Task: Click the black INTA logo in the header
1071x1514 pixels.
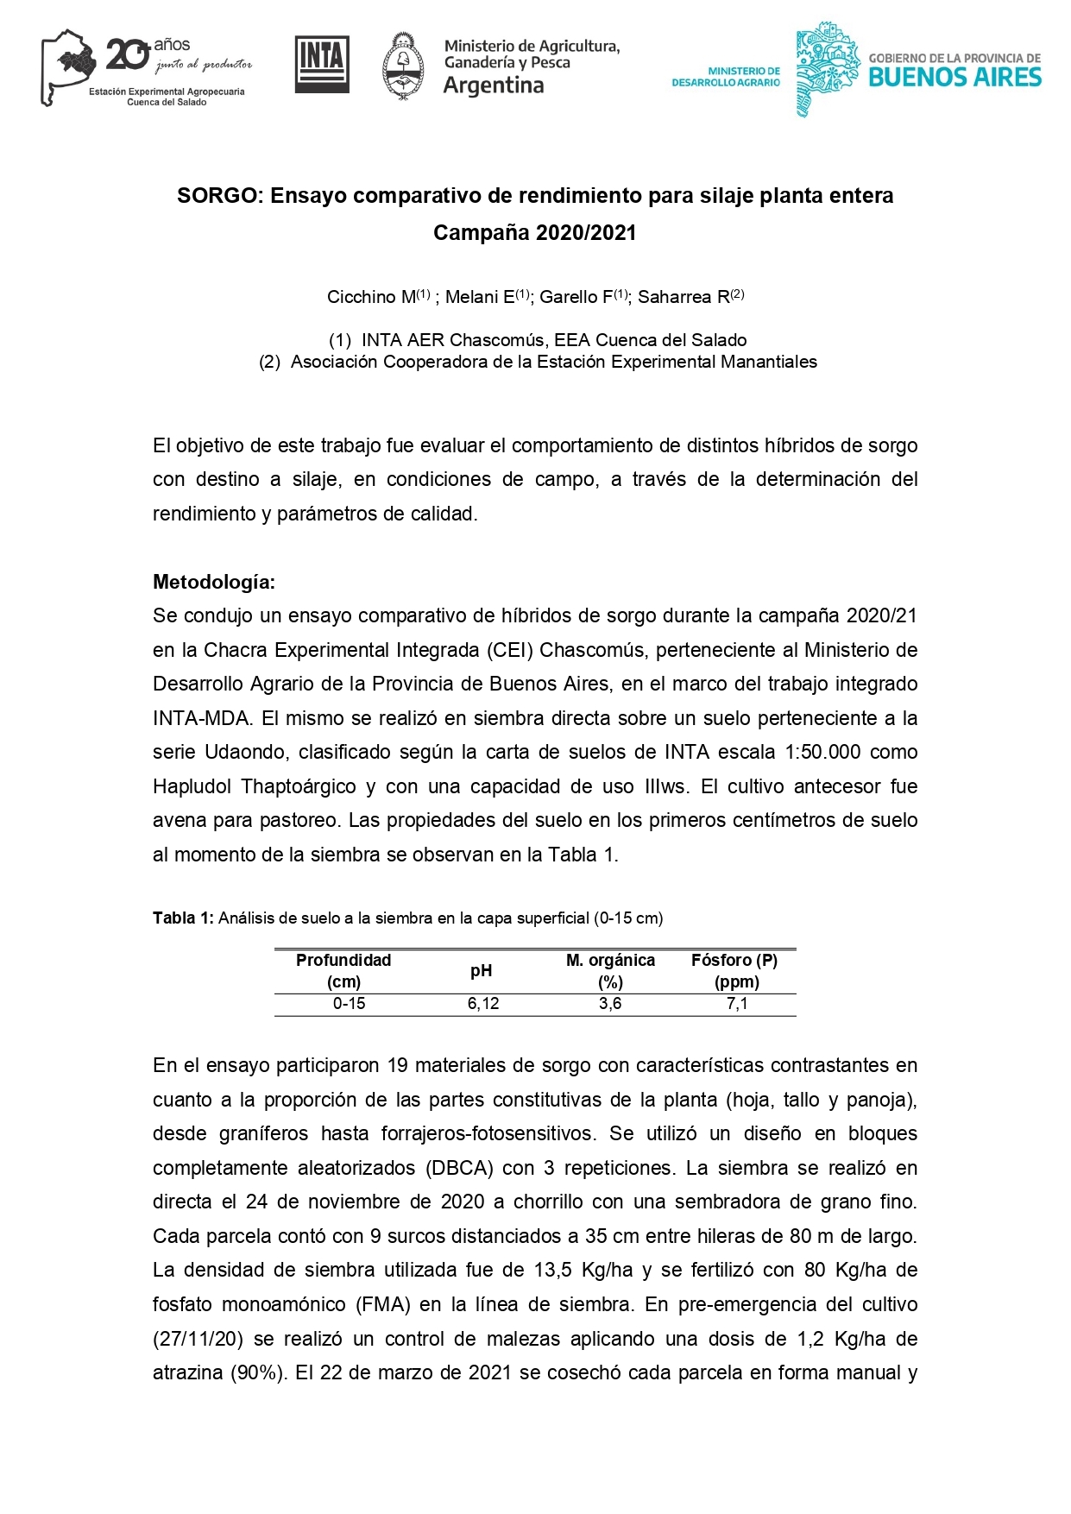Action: click(x=322, y=64)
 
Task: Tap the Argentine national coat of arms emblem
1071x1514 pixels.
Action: click(x=402, y=66)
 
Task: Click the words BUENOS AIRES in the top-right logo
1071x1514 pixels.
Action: click(x=954, y=78)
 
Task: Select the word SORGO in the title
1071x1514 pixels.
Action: click(x=217, y=196)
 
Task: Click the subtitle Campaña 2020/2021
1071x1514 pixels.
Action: click(x=534, y=233)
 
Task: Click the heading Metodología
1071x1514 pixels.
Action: click(x=213, y=582)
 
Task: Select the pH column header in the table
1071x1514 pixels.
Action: click(x=481, y=971)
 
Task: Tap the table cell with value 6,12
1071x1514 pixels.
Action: click(x=483, y=1004)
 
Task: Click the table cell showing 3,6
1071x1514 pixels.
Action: click(x=610, y=1004)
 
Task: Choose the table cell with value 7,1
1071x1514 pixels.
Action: click(x=736, y=1004)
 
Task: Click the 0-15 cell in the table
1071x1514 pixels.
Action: click(x=349, y=1004)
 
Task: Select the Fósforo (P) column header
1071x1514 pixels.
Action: click(x=734, y=961)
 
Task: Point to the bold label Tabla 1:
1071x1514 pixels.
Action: click(x=183, y=918)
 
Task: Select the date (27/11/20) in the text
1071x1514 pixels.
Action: click(x=198, y=1339)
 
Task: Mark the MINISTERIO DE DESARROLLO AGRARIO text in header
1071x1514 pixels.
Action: click(x=726, y=77)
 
